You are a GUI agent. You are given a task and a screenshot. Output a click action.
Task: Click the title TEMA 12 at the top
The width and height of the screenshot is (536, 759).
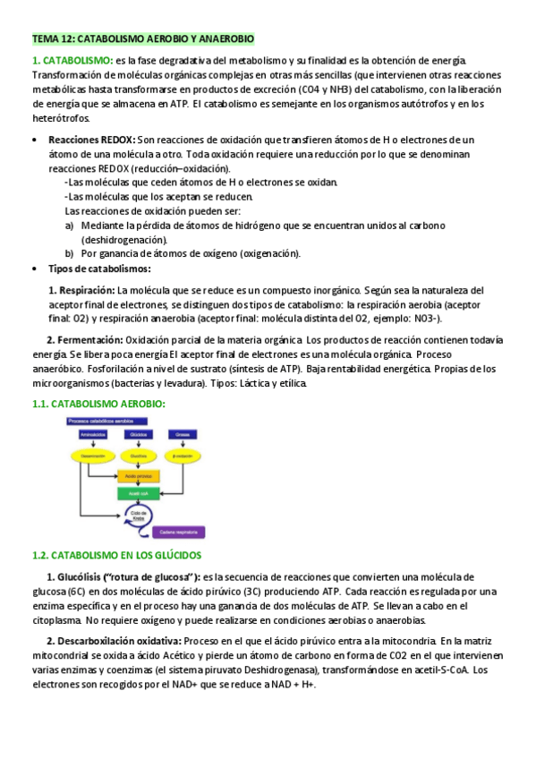tap(143, 38)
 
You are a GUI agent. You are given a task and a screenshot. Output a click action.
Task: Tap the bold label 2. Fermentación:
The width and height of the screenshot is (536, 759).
tap(85, 340)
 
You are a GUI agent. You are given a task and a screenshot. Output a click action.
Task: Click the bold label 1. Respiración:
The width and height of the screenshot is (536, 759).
tap(81, 290)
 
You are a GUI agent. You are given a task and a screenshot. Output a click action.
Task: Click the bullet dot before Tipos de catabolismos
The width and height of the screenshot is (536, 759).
tap(33, 269)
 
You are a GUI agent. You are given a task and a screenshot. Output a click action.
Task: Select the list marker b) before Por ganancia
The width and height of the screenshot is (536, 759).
tap(69, 253)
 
